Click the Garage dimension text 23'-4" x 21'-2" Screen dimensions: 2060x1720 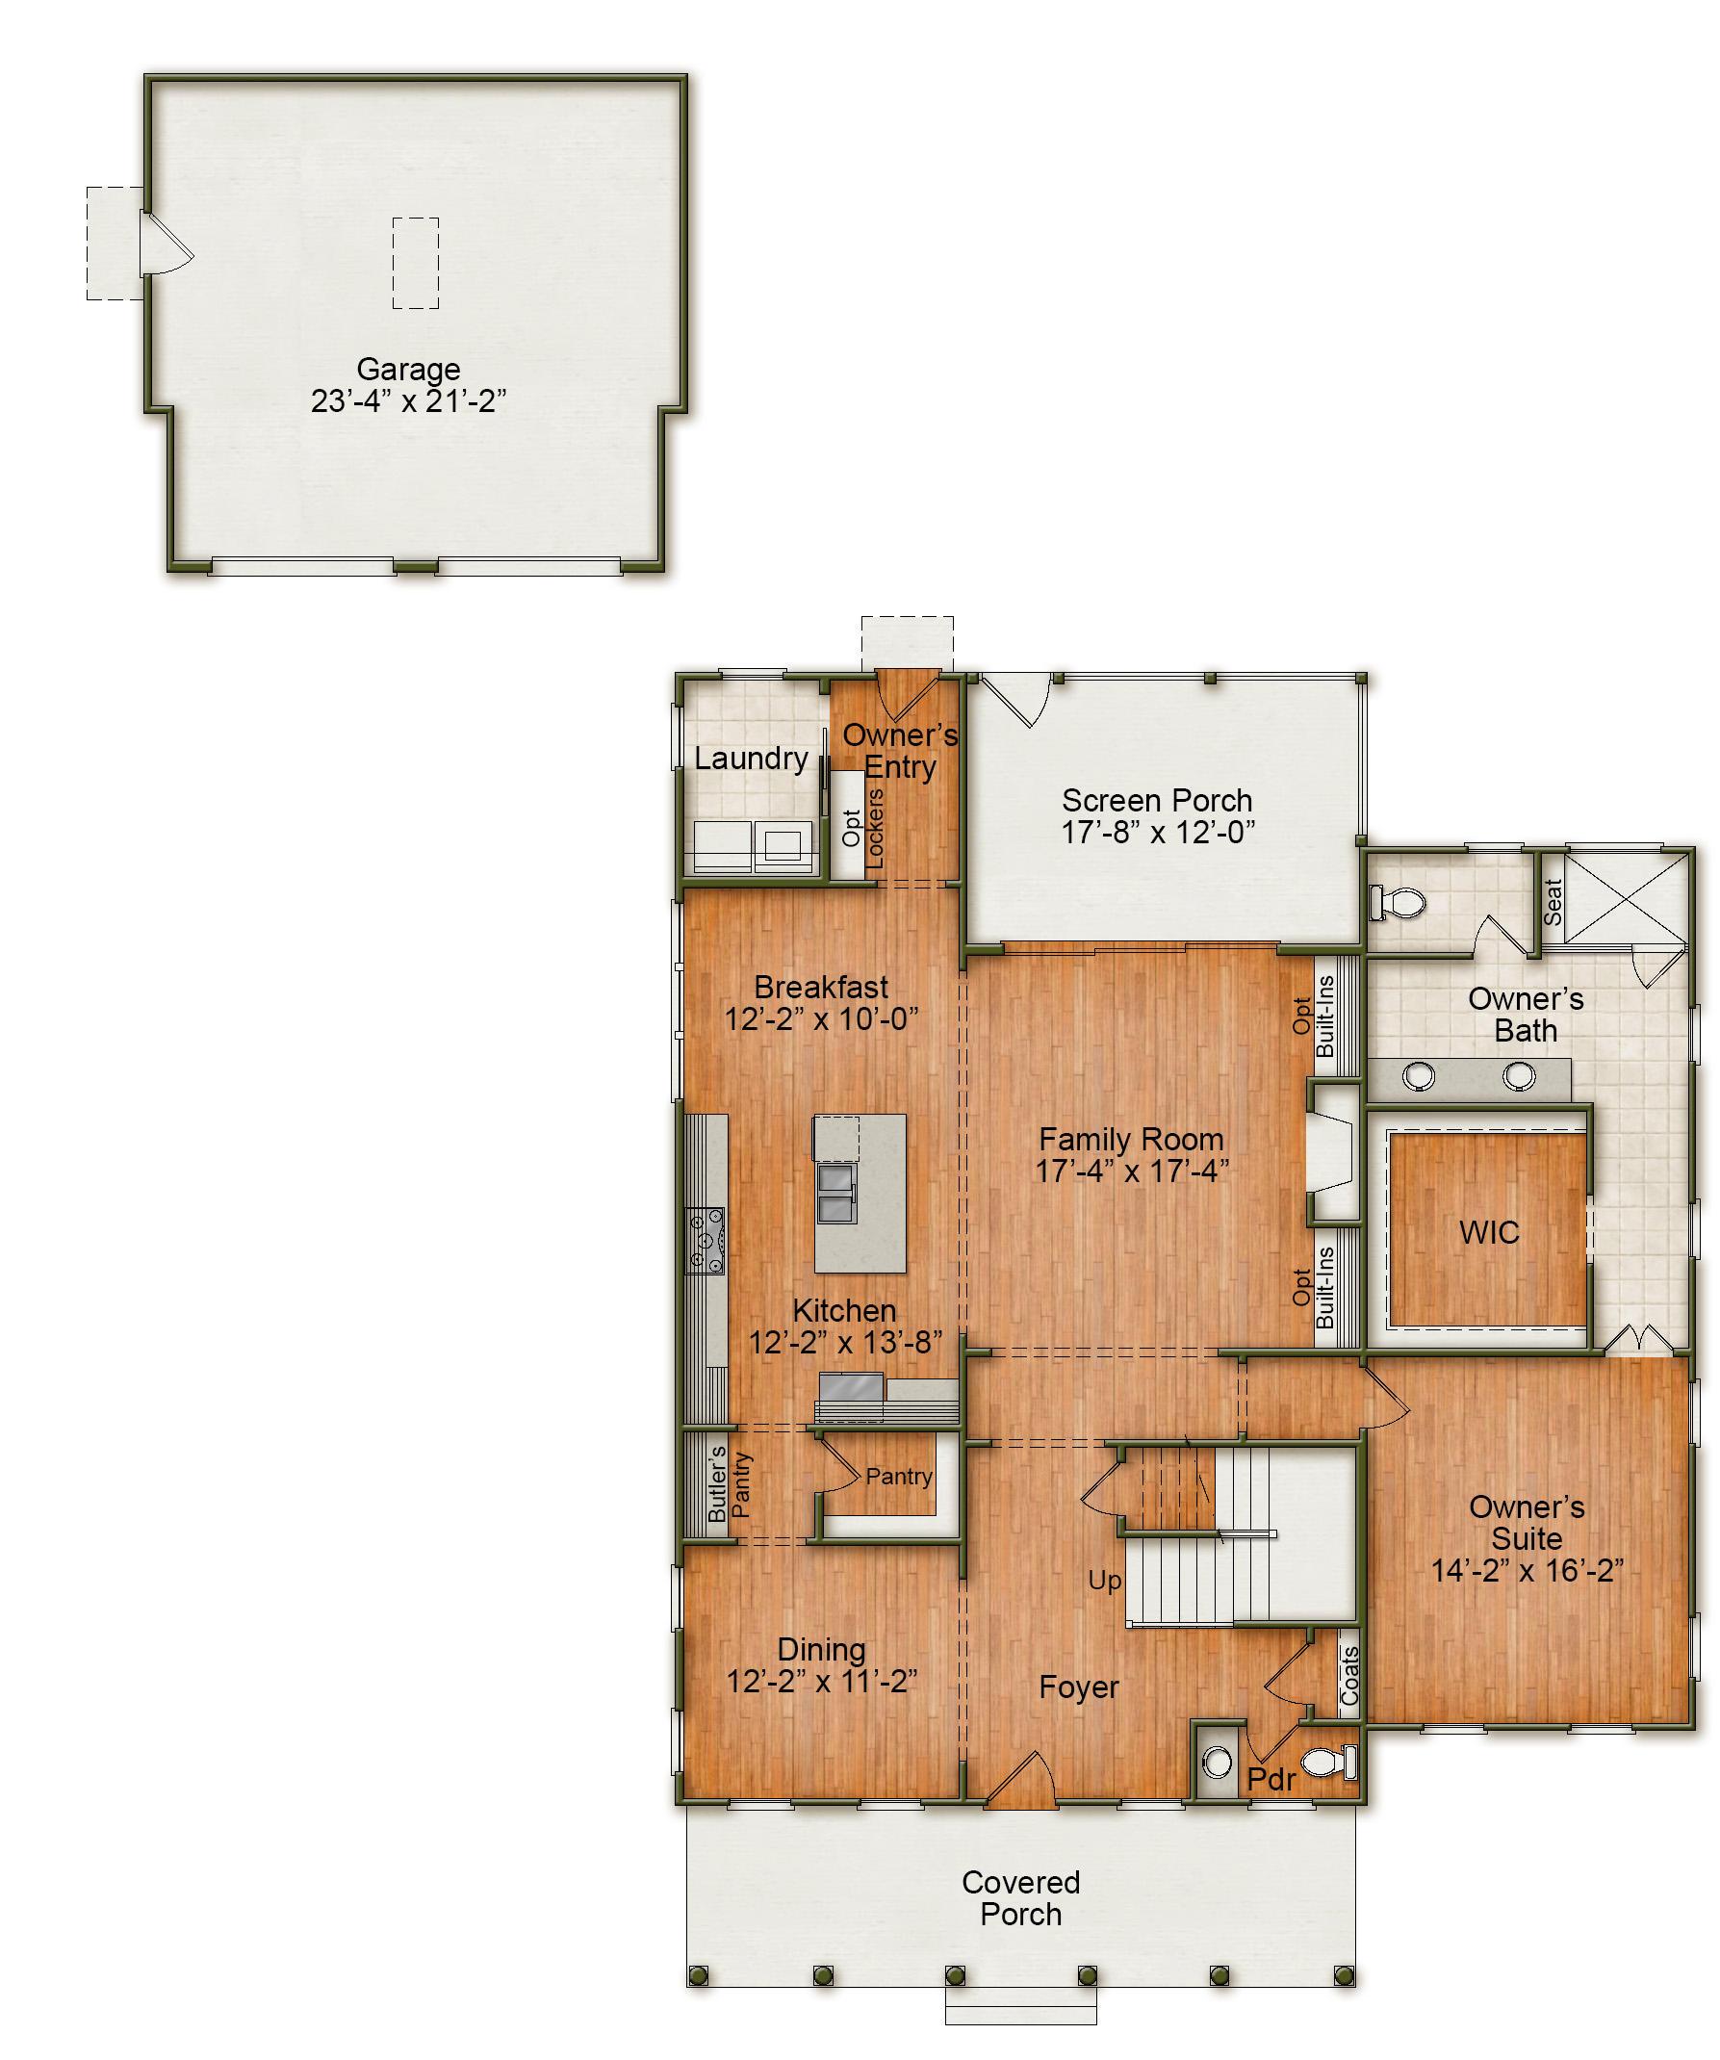click(x=408, y=401)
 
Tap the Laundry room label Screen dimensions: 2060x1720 click(x=751, y=759)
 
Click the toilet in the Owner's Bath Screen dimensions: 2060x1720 click(x=1398, y=903)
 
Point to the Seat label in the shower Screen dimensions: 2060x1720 click(x=1553, y=902)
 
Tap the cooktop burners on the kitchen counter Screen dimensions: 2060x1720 click(x=706, y=1240)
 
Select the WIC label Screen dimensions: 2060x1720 click(x=1489, y=1232)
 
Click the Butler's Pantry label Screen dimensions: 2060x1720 click(x=729, y=1485)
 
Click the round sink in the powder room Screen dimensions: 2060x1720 click(x=1217, y=1763)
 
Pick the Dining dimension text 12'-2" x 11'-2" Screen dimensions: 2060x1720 click(x=822, y=1682)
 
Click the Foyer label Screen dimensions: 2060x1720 click(x=1079, y=1687)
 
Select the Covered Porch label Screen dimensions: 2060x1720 click(x=1021, y=1898)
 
